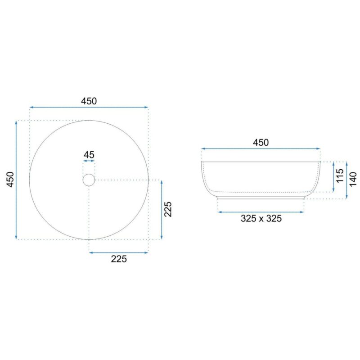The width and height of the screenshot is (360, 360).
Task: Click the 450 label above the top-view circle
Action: tap(89, 101)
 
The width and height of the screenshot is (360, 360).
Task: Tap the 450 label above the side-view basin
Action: tap(261, 142)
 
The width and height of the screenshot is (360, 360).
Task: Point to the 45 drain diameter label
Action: tap(89, 155)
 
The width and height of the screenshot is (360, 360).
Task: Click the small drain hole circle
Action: tap(89, 180)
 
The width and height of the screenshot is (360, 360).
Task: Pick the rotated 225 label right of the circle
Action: tap(168, 209)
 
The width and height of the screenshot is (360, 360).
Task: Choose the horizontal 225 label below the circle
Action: tap(118, 259)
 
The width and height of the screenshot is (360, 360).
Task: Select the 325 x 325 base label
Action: tap(261, 219)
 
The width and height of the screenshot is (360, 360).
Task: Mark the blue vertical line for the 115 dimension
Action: tap(333, 176)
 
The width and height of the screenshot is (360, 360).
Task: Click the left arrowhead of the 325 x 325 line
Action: tap(219, 211)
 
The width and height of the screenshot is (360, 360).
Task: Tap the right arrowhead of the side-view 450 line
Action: tap(319, 148)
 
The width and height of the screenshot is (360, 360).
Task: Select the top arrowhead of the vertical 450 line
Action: tap(16, 122)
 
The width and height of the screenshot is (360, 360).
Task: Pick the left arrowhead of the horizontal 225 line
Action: tap(91, 252)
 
